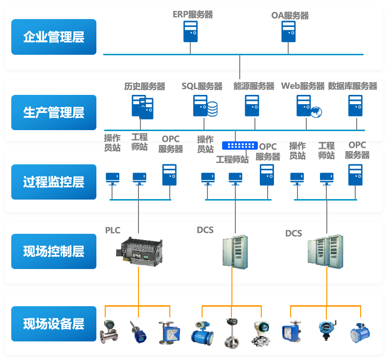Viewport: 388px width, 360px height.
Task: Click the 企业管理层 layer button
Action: pyautogui.click(x=54, y=37)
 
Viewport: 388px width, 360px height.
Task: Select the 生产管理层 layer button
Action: pyautogui.click(x=54, y=112)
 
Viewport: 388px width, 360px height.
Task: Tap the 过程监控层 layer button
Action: pyautogui.click(x=54, y=182)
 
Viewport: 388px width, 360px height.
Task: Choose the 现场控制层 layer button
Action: pyautogui.click(x=54, y=252)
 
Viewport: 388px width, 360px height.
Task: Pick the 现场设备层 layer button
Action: pyautogui.click(x=54, y=324)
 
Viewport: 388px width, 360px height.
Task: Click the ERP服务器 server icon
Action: pyautogui.click(x=190, y=31)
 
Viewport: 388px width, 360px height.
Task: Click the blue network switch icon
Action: pyautogui.click(x=240, y=145)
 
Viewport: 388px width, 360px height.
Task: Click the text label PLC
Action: pyautogui.click(x=113, y=230)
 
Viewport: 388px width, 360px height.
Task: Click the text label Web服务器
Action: pyautogui.click(x=302, y=86)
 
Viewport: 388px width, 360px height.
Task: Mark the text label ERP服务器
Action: pyautogui.click(x=193, y=15)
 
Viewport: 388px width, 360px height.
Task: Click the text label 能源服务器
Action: pyautogui.click(x=253, y=86)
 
